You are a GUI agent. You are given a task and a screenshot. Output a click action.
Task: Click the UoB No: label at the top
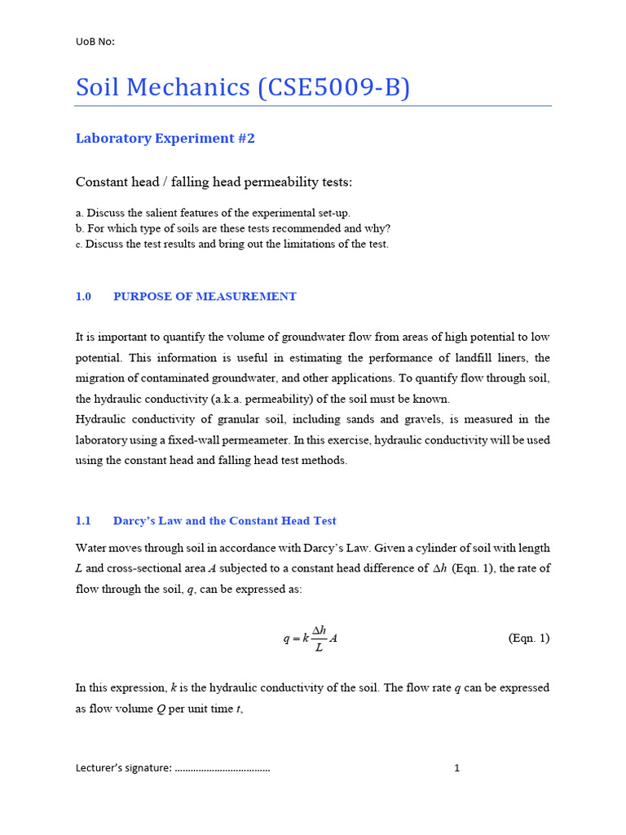click(95, 42)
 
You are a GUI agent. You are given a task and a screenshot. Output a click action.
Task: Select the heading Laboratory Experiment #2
click(165, 139)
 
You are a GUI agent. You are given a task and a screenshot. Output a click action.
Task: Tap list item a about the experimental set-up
click(213, 213)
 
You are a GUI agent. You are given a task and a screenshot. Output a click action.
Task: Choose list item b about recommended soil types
click(233, 228)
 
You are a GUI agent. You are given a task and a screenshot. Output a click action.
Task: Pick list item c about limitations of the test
click(232, 244)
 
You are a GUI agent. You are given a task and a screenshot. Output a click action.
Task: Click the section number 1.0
click(84, 297)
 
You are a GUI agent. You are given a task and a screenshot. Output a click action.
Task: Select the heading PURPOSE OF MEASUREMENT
click(205, 297)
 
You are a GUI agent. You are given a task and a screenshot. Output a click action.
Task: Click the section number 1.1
click(83, 521)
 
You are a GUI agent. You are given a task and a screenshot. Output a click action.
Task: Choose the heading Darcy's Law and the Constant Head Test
click(224, 521)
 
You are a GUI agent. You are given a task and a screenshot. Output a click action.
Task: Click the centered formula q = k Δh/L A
click(310, 638)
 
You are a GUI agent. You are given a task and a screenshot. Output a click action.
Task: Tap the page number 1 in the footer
click(456, 767)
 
